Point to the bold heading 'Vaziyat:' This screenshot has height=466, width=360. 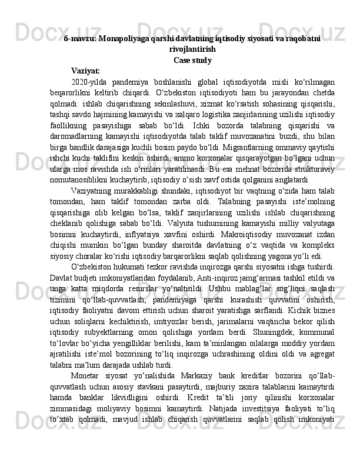pos(85,71)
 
